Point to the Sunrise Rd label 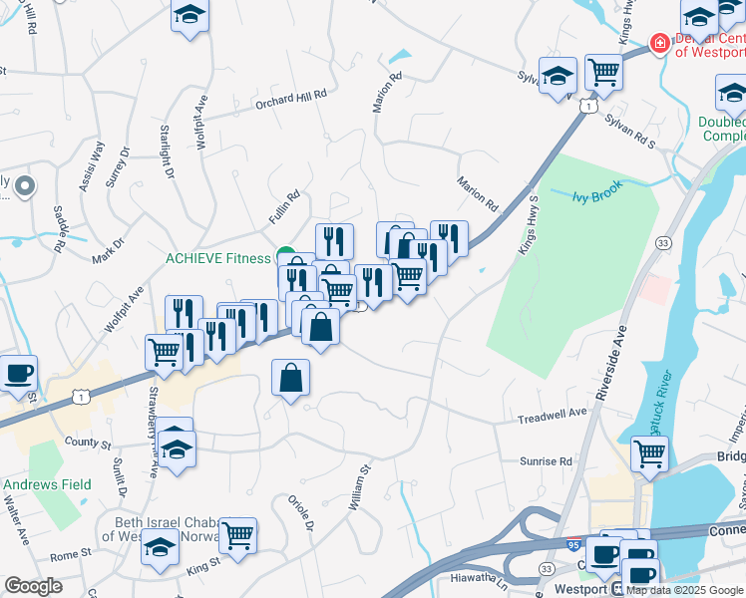point(546,461)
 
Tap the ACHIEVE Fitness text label point(217,259)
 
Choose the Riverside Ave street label point(609,363)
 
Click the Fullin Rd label point(284,207)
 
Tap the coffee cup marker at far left point(19,374)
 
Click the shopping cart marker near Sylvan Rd point(603,72)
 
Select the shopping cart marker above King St point(238,536)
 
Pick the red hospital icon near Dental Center point(658,43)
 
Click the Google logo point(33,586)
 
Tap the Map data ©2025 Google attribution point(685,590)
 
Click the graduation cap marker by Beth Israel point(160,547)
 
